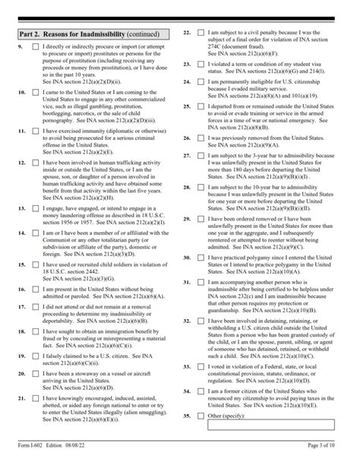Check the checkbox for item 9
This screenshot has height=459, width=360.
click(36, 47)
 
